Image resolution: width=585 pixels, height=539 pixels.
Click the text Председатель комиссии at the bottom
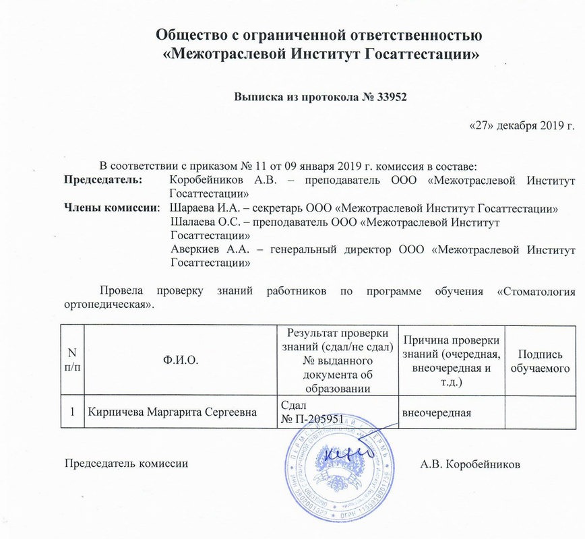pyautogui.click(x=125, y=464)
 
